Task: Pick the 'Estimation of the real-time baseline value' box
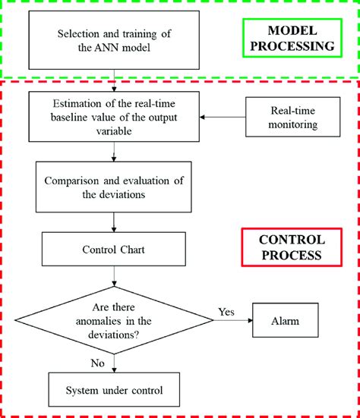pos(114,116)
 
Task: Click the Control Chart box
pos(114,249)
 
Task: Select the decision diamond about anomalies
pos(114,321)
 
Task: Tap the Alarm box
pos(285,321)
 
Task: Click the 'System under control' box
pos(114,391)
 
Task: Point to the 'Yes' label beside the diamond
pos(226,310)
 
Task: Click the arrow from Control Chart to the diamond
pos(114,277)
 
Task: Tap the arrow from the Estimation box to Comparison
pos(114,152)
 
